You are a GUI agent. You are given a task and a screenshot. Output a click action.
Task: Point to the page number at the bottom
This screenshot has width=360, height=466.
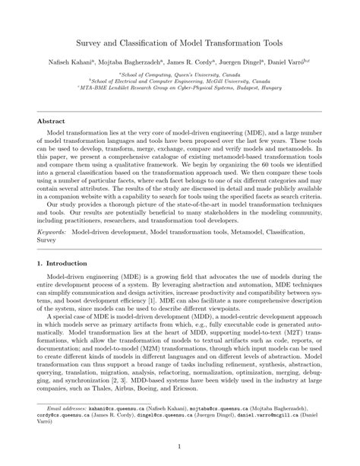(x=180, y=447)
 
